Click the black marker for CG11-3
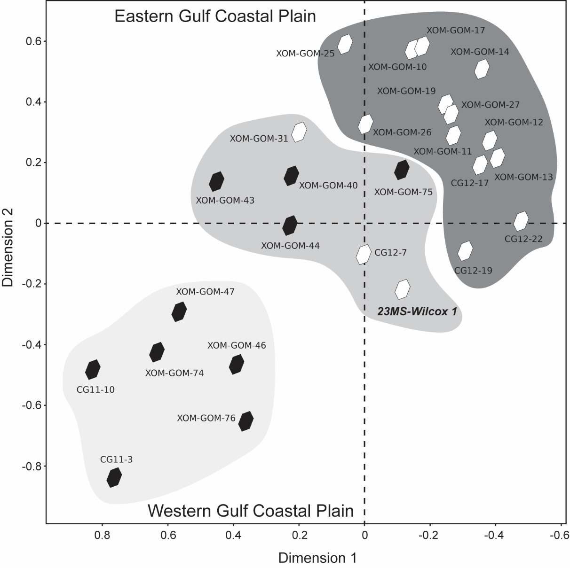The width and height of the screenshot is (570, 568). point(114,477)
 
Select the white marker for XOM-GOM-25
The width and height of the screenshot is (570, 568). point(345,44)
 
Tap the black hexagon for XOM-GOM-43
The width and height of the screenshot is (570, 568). point(216,181)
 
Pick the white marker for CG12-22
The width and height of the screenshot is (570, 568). point(521,221)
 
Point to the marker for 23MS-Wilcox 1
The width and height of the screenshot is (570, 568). point(403,289)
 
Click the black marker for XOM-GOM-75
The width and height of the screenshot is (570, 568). point(402,170)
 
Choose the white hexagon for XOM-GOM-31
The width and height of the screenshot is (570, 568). point(299,132)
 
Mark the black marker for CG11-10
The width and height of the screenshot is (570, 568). point(93,369)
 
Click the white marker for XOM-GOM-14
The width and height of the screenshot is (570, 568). point(481,70)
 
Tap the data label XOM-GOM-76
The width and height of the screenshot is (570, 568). point(206,418)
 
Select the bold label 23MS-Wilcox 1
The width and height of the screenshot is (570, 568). point(417,311)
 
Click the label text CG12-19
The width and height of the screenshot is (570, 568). point(473,271)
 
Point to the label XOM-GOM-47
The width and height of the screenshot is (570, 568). point(205,292)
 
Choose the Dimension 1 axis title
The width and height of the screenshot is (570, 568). point(317,558)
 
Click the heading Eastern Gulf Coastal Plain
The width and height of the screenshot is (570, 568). point(215,16)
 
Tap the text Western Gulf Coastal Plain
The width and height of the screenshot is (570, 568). point(251,511)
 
